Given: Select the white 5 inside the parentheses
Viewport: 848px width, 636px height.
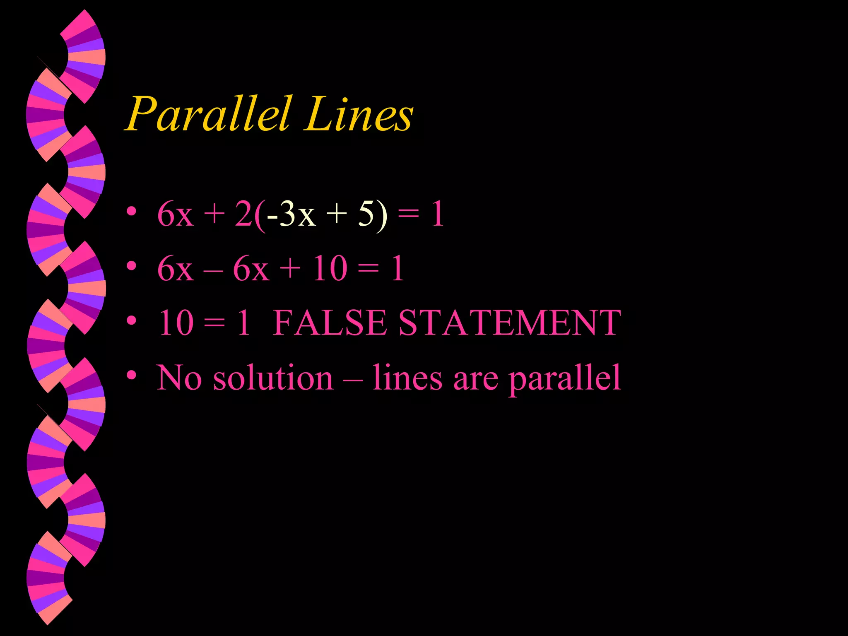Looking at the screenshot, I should click(x=366, y=214).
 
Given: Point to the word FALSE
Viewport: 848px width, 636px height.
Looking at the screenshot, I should click(x=330, y=323).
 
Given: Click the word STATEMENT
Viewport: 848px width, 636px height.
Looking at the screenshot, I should click(x=509, y=323).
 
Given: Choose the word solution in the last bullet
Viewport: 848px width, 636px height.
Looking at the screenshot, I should click(x=273, y=378).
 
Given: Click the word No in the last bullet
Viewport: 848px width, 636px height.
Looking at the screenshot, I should click(x=179, y=378).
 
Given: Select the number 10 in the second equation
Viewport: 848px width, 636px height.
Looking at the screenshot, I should click(x=330, y=268).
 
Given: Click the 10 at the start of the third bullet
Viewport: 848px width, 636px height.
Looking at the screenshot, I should click(x=176, y=323).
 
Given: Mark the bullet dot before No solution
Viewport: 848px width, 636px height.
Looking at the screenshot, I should click(x=132, y=375).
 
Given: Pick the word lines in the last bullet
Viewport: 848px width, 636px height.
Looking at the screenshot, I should click(x=407, y=378).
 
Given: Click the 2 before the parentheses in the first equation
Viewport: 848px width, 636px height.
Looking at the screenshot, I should click(x=243, y=214).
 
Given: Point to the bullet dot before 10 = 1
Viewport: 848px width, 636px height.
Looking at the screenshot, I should click(x=132, y=320).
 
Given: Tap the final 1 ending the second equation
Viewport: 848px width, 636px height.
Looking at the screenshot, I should click(x=397, y=268).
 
